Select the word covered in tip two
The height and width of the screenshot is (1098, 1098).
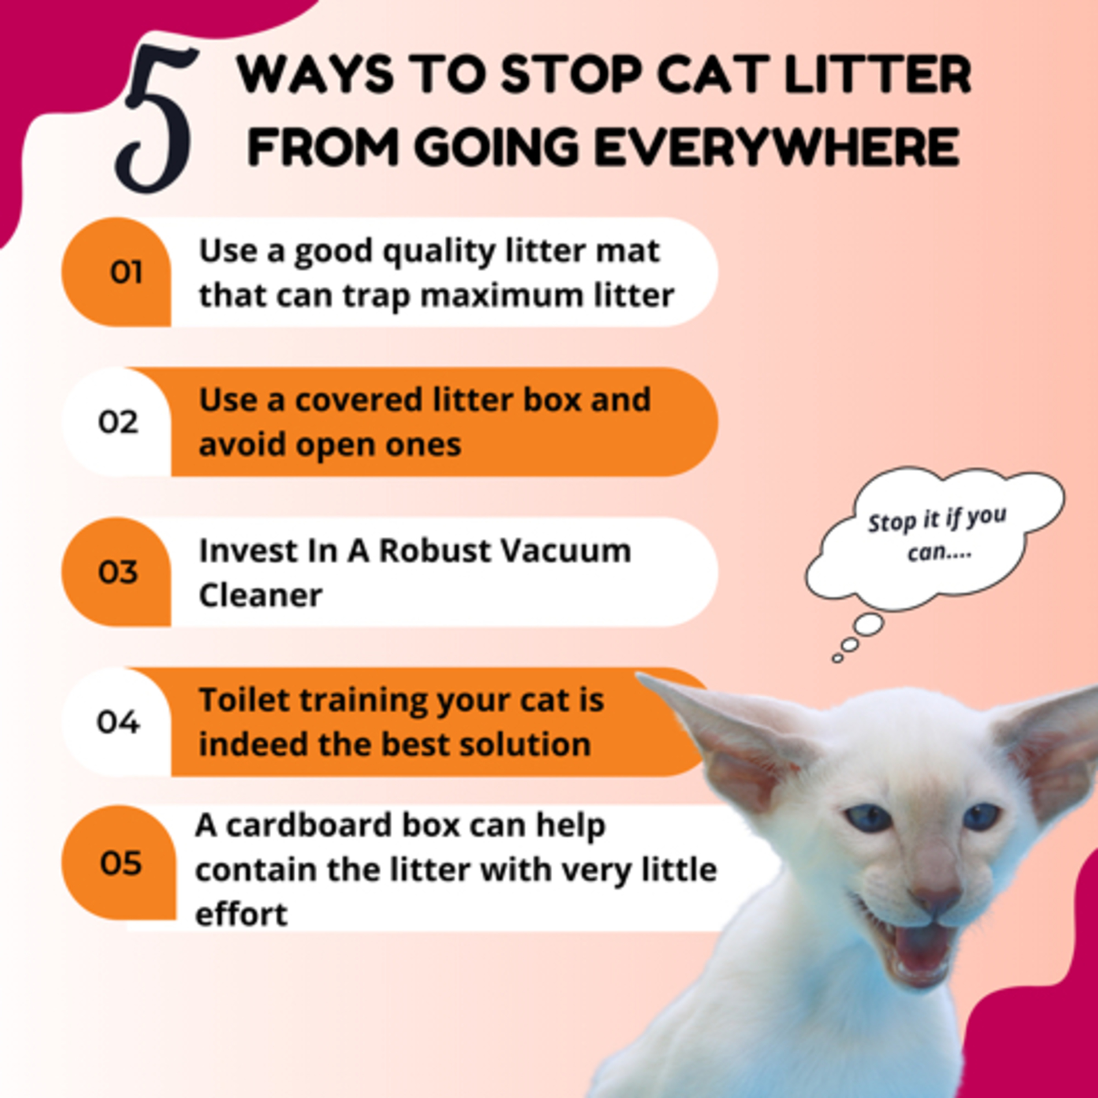pos(358,400)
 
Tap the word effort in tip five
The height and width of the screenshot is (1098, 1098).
pos(242,914)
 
